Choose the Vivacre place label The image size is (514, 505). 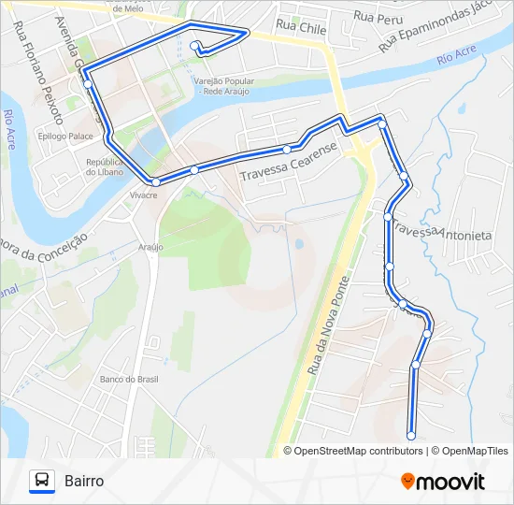tap(143, 195)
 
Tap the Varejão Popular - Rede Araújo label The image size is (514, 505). tap(223, 85)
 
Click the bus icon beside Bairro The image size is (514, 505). tap(42, 481)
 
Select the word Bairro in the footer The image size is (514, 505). tap(84, 481)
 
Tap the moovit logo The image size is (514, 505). tap(443, 481)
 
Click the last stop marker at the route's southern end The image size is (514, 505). tap(411, 434)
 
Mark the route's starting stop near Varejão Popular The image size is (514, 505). tap(193, 45)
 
